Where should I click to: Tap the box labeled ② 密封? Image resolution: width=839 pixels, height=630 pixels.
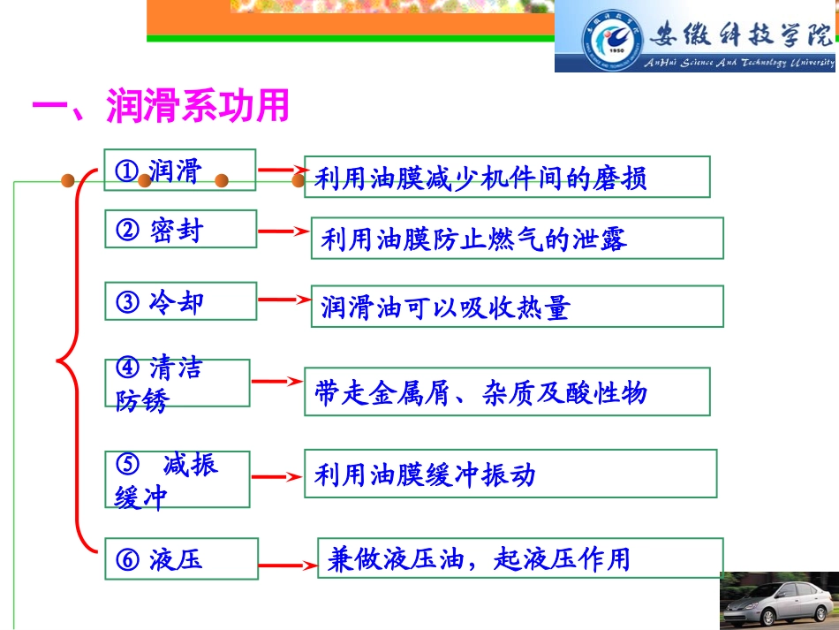pos(180,230)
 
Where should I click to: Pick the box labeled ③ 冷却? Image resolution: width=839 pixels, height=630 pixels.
pos(180,302)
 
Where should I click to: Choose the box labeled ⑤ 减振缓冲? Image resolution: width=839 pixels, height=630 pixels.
pos(177,480)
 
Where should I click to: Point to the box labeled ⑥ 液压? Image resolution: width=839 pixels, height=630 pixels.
pos(180,558)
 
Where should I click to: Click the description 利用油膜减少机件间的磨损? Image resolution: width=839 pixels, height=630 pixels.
pos(506,178)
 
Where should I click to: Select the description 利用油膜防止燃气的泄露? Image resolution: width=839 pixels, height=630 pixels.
pos(517,239)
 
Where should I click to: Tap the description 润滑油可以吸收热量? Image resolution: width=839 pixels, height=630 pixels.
pos(517,307)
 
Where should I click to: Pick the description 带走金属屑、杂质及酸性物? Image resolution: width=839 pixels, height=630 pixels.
pos(506,391)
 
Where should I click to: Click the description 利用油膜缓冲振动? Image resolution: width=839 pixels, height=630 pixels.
pos(510,474)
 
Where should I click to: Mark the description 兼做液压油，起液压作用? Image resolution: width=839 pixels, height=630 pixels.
pos(519,558)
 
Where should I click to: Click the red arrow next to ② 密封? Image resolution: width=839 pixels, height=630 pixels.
pos(283,232)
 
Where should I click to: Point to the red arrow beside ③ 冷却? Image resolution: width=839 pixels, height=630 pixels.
pos(283,300)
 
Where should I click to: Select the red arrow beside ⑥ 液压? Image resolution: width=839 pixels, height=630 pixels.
pos(287,562)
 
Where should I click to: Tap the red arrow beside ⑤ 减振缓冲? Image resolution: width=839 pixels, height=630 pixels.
pos(276,477)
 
